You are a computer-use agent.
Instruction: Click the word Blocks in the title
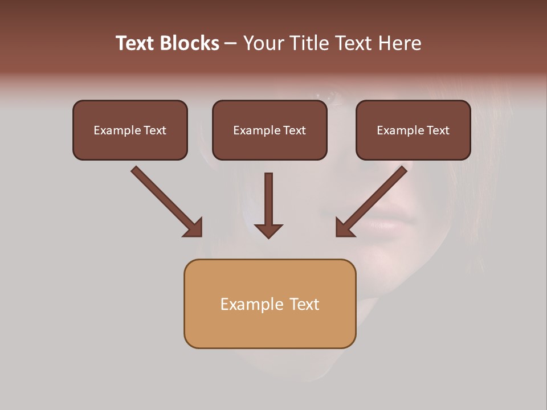(190, 43)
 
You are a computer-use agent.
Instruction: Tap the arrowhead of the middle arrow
(269, 231)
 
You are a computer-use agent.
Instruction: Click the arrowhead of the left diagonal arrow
(194, 228)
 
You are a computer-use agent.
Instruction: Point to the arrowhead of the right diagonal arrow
(344, 228)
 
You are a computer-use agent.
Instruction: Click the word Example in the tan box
(251, 304)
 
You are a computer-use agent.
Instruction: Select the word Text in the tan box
(305, 304)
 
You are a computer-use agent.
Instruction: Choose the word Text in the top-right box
(438, 130)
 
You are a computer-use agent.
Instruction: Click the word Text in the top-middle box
(294, 130)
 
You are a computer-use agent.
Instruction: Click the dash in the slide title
(231, 43)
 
